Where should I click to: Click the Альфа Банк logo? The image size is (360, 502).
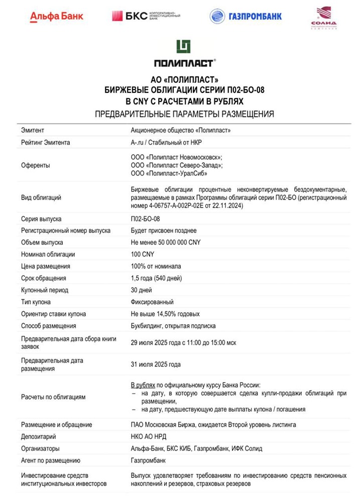[57, 16]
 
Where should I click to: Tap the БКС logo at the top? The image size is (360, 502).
[146, 16]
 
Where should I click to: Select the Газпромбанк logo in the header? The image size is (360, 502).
[246, 16]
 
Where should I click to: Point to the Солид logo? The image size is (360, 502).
[323, 18]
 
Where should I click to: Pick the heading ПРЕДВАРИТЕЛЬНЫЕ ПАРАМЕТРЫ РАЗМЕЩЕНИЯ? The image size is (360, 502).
[184, 114]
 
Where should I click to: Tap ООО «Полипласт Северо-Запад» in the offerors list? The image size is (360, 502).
[177, 165]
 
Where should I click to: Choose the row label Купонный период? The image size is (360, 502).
[45, 290]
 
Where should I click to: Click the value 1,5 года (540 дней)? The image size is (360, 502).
[156, 278]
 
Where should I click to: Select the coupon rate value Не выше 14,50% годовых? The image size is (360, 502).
[165, 314]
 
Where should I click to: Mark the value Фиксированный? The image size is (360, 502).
[152, 302]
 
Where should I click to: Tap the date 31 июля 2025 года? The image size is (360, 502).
[156, 364]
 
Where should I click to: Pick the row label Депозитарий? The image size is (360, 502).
[39, 437]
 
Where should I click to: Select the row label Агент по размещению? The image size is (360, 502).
[51, 460]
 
